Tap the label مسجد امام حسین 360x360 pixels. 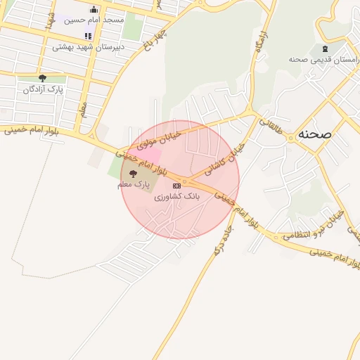(94, 20)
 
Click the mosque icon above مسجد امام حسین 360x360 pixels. (94, 9)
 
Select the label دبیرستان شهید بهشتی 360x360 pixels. (88, 47)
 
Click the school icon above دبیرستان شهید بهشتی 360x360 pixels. (88, 37)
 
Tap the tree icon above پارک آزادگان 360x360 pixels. (42, 79)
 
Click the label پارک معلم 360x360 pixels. (134, 184)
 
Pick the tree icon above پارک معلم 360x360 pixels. (134, 174)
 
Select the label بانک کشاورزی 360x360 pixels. (177, 198)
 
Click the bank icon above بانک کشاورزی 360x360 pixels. (176, 186)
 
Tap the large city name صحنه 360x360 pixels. (314, 133)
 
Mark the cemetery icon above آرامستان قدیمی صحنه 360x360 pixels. (324, 49)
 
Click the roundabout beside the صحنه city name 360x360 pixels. (290, 139)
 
